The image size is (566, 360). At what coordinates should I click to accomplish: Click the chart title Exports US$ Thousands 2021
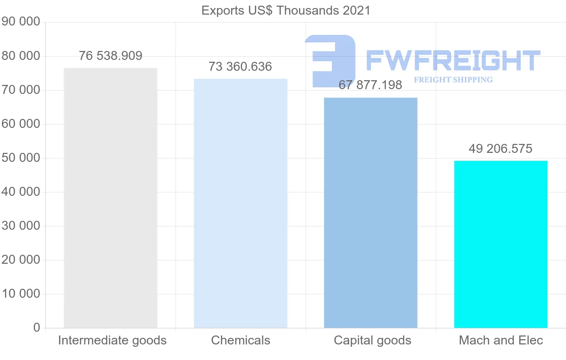[x=286, y=10]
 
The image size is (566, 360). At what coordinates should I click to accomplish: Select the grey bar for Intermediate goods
[x=110, y=198]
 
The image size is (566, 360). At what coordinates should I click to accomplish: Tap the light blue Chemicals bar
[x=241, y=203]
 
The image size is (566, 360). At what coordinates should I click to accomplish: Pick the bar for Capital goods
[x=371, y=212]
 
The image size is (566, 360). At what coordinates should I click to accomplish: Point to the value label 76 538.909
[x=110, y=56]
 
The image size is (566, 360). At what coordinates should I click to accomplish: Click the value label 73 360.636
[x=241, y=67]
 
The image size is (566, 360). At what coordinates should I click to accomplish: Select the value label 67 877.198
[x=370, y=85]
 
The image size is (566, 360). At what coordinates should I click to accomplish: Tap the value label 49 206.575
[x=500, y=149]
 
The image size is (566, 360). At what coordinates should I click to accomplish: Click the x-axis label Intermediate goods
[x=112, y=341]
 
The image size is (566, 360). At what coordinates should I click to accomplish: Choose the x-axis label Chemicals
[x=241, y=341]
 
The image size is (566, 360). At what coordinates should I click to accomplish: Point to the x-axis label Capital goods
[x=373, y=341]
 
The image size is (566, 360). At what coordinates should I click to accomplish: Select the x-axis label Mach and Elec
[x=501, y=341]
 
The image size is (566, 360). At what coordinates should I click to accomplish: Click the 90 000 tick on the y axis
[x=21, y=22]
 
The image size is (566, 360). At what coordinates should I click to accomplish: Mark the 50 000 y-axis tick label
[x=21, y=158]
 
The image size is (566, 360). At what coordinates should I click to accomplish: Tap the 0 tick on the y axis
[x=37, y=328]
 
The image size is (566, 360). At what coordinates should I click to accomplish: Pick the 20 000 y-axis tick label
[x=21, y=260]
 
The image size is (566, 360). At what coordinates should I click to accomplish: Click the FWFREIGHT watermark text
[x=453, y=61]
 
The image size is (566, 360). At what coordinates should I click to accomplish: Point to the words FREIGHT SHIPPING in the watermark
[x=453, y=80]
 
